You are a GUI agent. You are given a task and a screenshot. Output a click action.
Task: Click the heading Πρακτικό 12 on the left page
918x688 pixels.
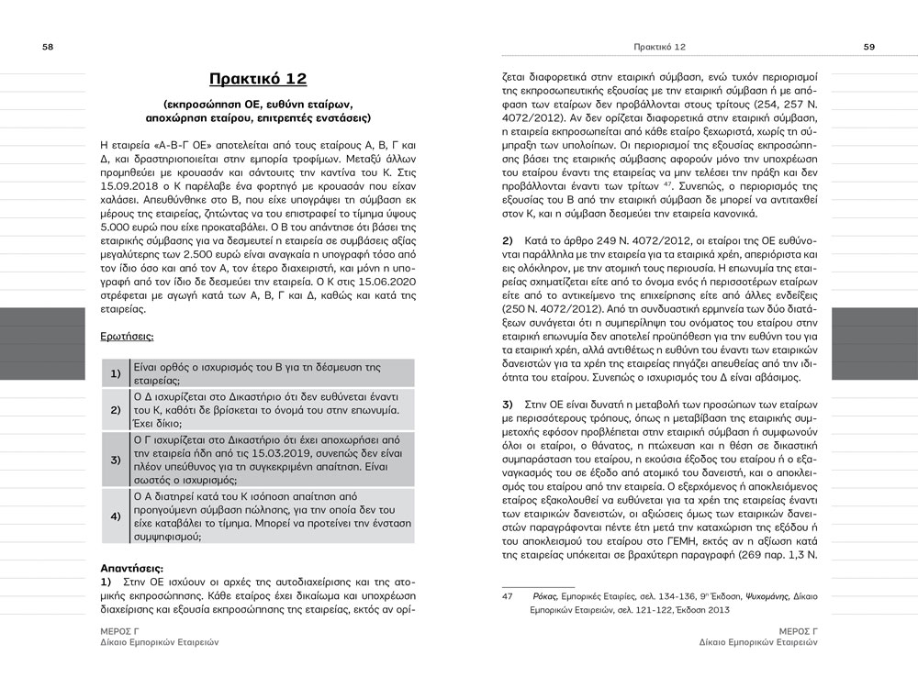[257, 78]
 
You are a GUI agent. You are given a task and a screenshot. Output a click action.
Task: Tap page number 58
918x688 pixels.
[48, 48]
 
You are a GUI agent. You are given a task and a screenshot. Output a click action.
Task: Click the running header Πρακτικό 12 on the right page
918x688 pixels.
[660, 47]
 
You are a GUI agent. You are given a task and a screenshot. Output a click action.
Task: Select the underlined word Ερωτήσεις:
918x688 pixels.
[127, 338]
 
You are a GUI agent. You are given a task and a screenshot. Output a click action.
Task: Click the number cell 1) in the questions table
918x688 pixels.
[116, 373]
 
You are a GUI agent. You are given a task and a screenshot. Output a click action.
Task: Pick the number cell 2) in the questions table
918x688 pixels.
[116, 409]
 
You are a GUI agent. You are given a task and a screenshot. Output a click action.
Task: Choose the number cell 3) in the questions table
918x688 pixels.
[116, 459]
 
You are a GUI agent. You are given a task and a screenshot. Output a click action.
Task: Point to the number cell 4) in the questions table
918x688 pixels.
[116, 516]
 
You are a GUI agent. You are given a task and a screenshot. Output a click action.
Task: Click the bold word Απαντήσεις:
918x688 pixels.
[131, 568]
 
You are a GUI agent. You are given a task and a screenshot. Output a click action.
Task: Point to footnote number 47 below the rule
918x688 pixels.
[507, 596]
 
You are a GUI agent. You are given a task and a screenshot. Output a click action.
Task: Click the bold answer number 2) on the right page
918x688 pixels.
[508, 239]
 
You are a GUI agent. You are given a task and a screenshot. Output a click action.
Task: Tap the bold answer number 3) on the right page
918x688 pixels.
[508, 404]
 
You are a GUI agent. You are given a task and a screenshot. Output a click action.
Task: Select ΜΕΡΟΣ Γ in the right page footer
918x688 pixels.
[795, 631]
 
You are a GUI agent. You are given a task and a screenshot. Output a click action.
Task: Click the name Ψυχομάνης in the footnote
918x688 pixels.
[766, 596]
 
